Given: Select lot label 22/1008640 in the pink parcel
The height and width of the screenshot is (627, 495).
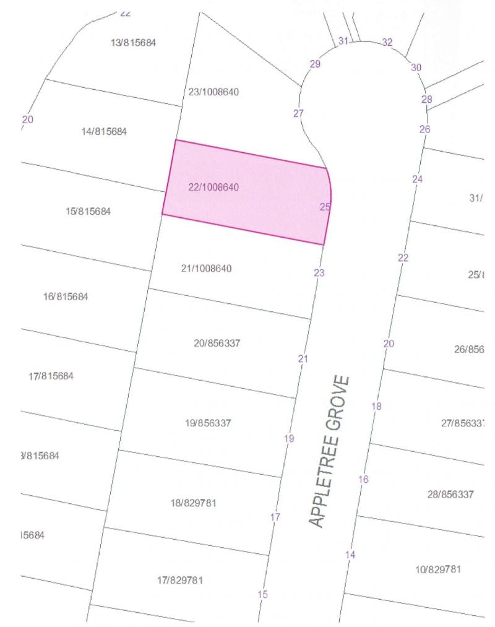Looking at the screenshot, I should coord(213,187).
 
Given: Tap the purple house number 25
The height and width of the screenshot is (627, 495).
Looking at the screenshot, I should coord(325,207).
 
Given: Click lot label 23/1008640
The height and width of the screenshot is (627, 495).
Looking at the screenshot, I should coord(213,92).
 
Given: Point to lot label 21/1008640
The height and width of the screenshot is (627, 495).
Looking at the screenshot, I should coord(206,269).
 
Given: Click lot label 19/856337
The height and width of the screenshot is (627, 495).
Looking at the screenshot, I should coord(208,423).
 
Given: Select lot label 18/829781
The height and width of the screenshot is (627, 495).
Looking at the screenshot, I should coord(193,503).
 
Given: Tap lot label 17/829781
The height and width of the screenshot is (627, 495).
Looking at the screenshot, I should coord(180,581).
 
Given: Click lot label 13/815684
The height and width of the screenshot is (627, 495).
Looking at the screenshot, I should coord(133,43).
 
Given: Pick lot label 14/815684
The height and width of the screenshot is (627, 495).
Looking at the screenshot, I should coord(104,131).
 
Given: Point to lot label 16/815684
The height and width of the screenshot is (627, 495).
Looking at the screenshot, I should coord(66,296).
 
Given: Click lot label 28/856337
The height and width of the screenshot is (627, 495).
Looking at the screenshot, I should coord(450,495).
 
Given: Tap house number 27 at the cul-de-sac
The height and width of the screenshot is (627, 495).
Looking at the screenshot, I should coord(299,113).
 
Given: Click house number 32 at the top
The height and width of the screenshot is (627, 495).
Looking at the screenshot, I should coord(387,42).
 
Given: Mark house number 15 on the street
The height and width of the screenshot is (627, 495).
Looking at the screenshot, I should coord(263,594).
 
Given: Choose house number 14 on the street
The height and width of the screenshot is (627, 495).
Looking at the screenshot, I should coord(351,555).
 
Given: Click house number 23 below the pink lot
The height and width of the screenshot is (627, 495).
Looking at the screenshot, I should coord(319,272).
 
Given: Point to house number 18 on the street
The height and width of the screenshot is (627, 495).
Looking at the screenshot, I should coord(377,406).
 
